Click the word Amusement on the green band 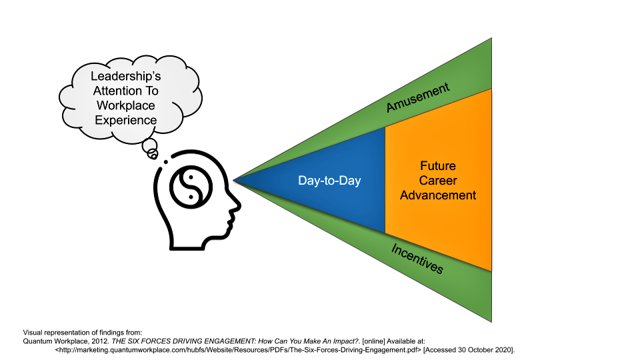pos(418,97)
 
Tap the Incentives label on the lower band pos(417,259)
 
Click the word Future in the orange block pos(438,166)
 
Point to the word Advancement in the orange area pos(438,195)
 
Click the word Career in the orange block pos(438,181)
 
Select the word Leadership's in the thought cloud pos(126,77)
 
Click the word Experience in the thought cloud pos(126,120)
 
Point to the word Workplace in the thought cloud pos(126,105)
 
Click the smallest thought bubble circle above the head pos(153,155)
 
